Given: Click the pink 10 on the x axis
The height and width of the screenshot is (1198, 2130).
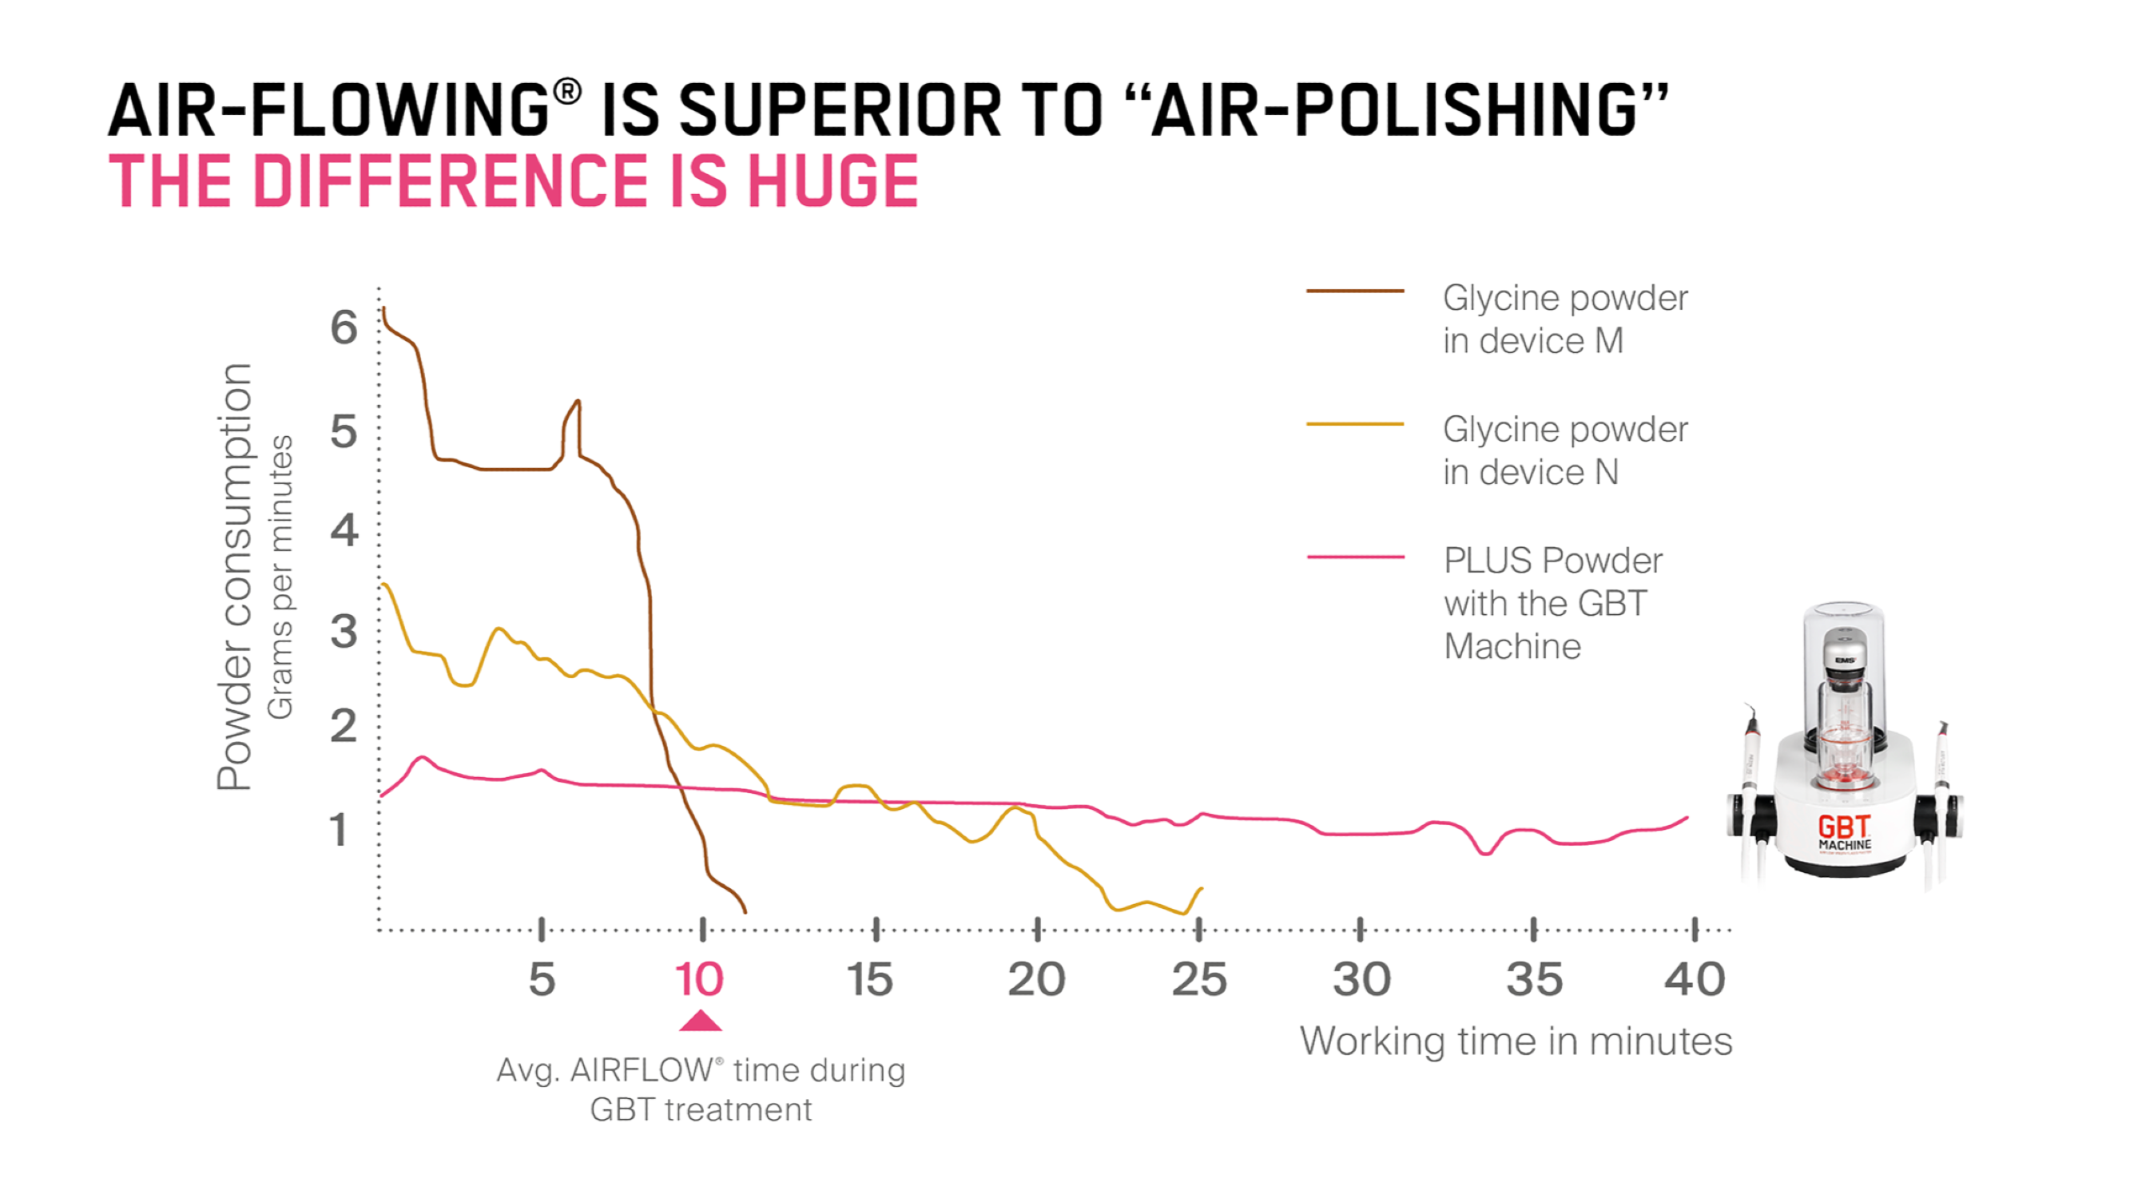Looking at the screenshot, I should coord(700,980).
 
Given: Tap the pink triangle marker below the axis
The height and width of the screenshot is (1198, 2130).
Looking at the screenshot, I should coord(701,1022).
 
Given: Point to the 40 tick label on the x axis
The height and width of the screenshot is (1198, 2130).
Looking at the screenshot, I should coord(1695,980).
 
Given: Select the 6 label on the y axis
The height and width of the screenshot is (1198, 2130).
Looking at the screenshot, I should coord(344,327).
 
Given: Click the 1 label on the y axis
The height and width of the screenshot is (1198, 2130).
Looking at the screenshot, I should coord(338,829).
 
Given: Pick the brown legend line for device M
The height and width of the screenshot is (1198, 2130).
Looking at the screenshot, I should coord(1354,291).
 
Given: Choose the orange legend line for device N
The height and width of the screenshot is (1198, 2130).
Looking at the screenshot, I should coord(1354,424).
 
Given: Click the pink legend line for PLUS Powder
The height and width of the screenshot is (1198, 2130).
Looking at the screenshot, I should coord(1354,557).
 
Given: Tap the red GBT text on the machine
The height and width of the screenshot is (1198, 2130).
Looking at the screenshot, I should coord(1843,826).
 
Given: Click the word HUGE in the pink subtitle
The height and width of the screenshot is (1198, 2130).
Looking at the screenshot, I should coord(833,182).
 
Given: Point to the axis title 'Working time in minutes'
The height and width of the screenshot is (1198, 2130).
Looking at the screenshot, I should coord(1516,1041).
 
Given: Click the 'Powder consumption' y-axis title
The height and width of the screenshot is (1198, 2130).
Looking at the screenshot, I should coord(234,577).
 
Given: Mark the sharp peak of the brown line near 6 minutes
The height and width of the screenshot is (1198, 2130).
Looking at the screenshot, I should coord(578,402).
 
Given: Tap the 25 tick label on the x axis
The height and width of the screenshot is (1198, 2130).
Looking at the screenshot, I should coord(1199,980).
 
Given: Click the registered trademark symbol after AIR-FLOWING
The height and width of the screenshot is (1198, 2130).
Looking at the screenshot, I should coord(567,91).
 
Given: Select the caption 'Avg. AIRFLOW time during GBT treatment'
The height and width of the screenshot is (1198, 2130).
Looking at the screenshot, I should coord(701,1089).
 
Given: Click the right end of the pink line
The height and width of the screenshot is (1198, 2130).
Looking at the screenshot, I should coord(1687,818).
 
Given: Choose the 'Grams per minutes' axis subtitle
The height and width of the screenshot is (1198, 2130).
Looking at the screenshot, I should coord(280,577).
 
